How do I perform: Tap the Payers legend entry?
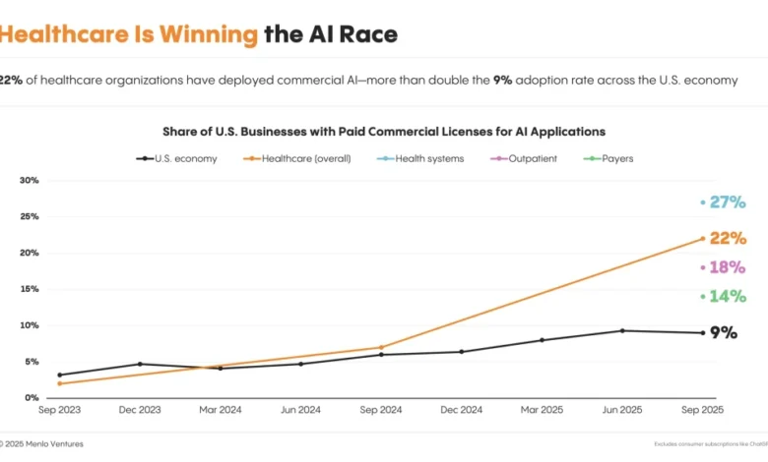[x=609, y=158]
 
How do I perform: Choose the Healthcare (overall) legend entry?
[x=298, y=158]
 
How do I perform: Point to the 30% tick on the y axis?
[x=30, y=181]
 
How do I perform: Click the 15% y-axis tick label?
[x=30, y=289]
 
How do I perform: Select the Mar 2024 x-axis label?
[x=220, y=410]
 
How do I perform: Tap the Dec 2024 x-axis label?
[x=461, y=410]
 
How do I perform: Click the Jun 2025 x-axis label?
[x=622, y=410]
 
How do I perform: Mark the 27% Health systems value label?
[x=728, y=202]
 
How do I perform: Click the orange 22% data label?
[x=728, y=239]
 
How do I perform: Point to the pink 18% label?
[x=728, y=267]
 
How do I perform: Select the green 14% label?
[x=728, y=296]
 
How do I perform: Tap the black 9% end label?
[x=724, y=333]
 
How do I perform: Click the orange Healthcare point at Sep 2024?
[x=381, y=347]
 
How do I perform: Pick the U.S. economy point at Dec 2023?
[x=140, y=364]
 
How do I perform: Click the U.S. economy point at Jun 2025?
[x=622, y=330]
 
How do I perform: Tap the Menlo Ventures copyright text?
[x=44, y=444]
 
